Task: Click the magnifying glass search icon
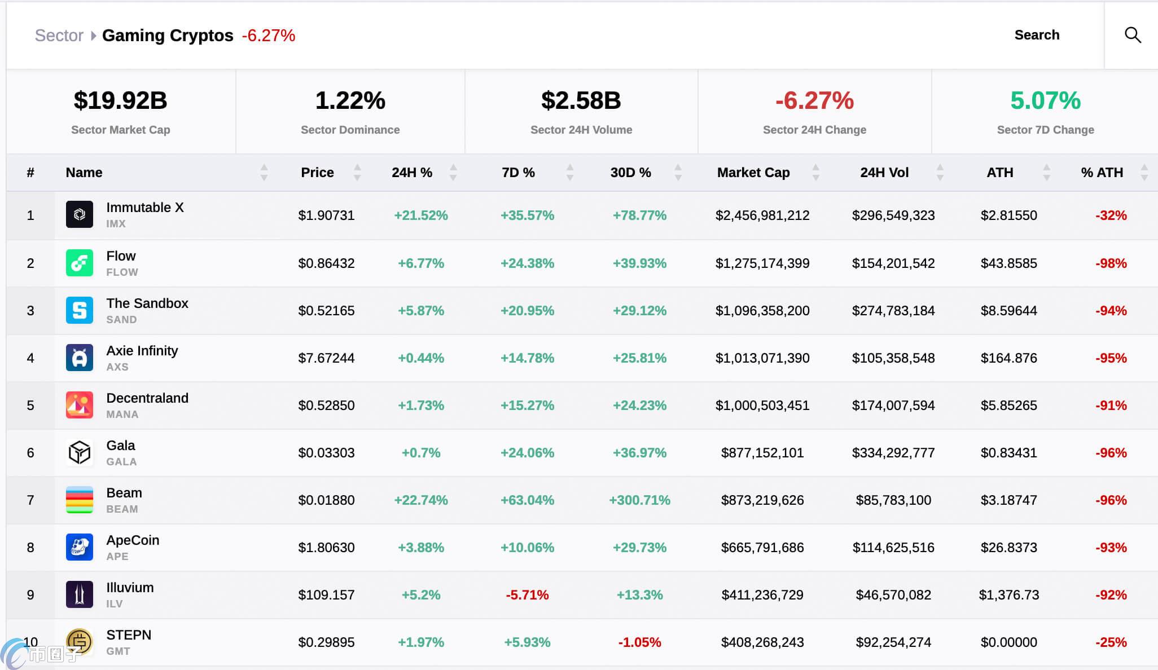point(1133,35)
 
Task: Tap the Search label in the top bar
point(1037,35)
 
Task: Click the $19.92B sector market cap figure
point(120,100)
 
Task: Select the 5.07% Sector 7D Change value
point(1045,100)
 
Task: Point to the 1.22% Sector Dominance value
point(350,100)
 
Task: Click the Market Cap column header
point(753,173)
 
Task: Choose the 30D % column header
point(630,173)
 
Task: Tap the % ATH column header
point(1102,173)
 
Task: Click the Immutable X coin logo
point(80,214)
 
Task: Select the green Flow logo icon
point(80,263)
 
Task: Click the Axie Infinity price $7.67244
point(326,358)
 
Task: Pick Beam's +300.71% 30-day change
point(639,500)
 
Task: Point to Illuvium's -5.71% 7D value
point(527,595)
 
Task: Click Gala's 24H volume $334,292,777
point(893,453)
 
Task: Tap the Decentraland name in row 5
point(147,398)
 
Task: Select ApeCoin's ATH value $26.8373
point(1008,548)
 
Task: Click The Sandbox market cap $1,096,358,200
point(762,311)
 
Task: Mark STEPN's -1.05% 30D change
point(639,642)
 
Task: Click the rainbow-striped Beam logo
point(80,500)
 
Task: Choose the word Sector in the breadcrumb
point(59,36)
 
